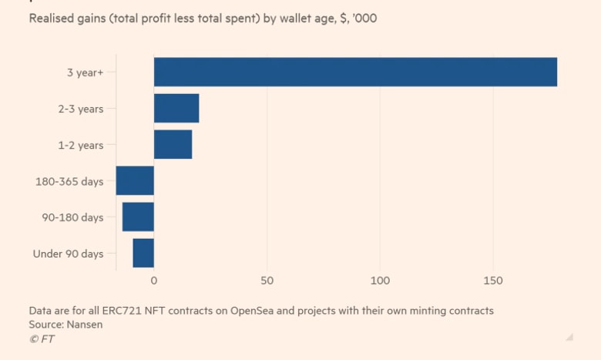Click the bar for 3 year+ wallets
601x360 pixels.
[x=355, y=72]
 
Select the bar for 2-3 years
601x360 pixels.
[x=176, y=108]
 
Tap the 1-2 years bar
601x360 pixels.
[x=173, y=144]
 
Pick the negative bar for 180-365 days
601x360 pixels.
[x=135, y=180]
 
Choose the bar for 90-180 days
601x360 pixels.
[x=138, y=217]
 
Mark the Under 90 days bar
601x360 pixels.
[x=143, y=253]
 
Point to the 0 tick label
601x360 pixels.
[x=154, y=281]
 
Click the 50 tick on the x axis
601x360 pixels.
[x=267, y=281]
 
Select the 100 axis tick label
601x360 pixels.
[x=380, y=281]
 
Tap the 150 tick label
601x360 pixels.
[x=493, y=281]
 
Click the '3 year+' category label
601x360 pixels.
[x=85, y=72]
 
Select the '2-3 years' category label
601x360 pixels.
[x=81, y=109]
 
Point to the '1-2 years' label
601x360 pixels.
[x=81, y=145]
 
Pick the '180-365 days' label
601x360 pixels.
[x=69, y=181]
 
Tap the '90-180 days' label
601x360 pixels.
[x=73, y=217]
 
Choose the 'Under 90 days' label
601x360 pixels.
[x=69, y=254]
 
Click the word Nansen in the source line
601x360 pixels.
[x=84, y=325]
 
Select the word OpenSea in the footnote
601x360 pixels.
[x=252, y=311]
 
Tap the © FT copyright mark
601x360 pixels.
[x=42, y=339]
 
